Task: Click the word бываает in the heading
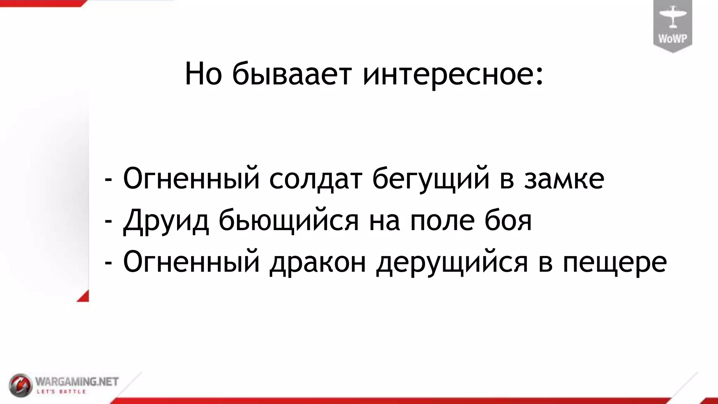point(291,74)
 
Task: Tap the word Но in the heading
point(203,74)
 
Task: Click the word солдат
point(315,179)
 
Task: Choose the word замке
point(564,179)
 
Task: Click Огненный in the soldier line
point(191,179)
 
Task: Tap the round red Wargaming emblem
point(20,385)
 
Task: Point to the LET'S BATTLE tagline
point(62,391)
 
